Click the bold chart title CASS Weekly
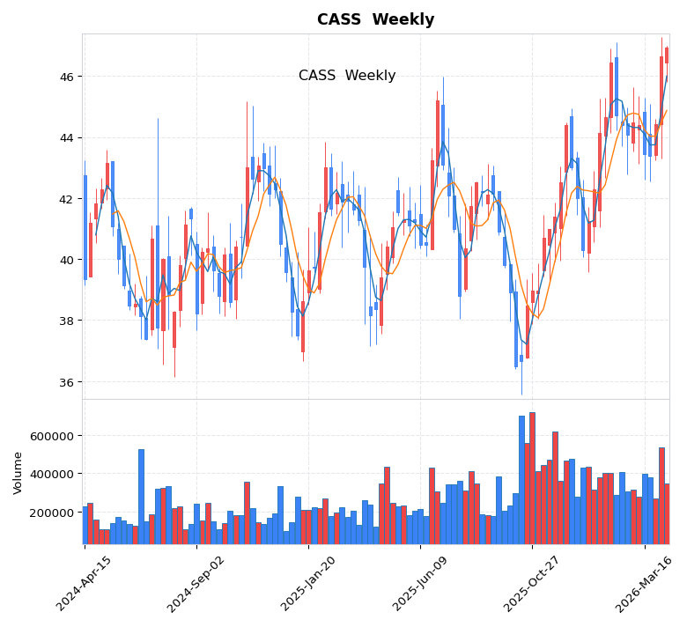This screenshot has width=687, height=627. tap(375, 19)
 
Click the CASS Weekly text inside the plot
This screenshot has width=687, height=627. tap(347, 76)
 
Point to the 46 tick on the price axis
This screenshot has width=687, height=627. tap(66, 77)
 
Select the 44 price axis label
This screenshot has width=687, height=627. tap(66, 137)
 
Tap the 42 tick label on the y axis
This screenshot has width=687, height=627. tap(66, 199)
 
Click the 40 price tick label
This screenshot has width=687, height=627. tap(66, 260)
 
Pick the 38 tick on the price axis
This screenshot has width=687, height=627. tap(66, 321)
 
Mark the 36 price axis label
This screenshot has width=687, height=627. tap(66, 382)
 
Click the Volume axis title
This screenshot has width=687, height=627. tap(18, 473)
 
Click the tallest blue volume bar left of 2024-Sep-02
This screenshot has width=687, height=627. tap(141, 497)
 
